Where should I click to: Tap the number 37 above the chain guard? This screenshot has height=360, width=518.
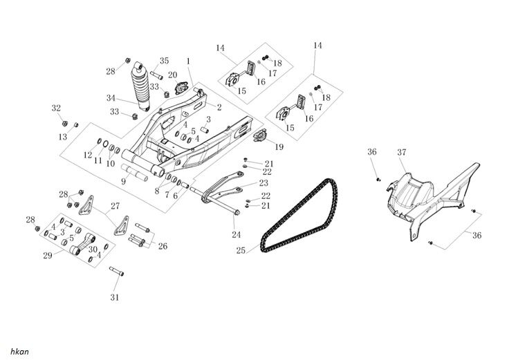pyautogui.click(x=401, y=151)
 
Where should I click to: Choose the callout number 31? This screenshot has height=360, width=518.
pyautogui.click(x=115, y=298)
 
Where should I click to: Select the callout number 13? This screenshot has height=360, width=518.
pyautogui.click(x=63, y=137)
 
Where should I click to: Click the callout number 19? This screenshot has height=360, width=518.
pyautogui.click(x=279, y=146)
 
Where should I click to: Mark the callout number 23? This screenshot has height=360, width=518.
pyautogui.click(x=263, y=184)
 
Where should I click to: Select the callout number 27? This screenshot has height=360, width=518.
pyautogui.click(x=115, y=205)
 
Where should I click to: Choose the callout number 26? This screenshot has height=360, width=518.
pyautogui.click(x=163, y=245)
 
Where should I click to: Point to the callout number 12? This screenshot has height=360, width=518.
pyautogui.click(x=88, y=155)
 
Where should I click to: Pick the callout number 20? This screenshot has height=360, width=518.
pyautogui.click(x=173, y=74)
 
